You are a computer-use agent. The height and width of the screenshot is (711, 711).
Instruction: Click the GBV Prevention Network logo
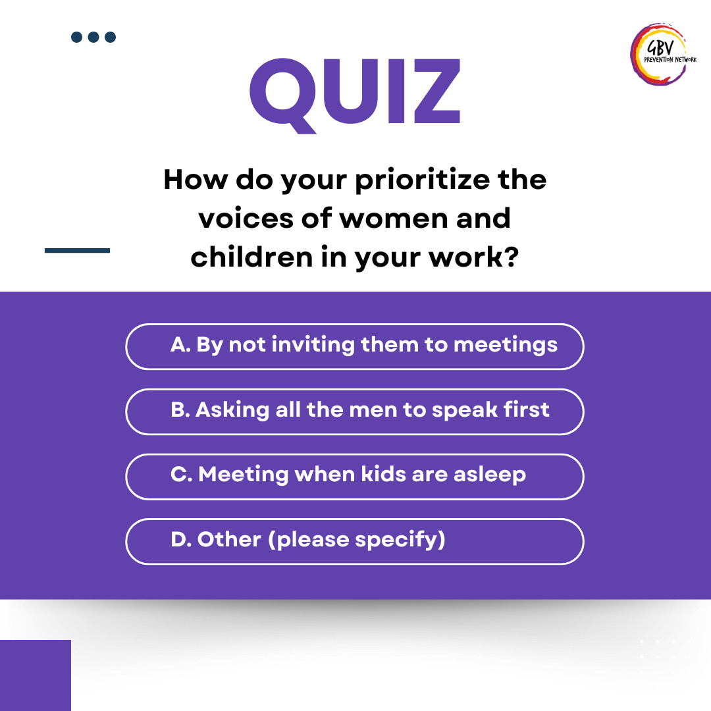click(x=663, y=55)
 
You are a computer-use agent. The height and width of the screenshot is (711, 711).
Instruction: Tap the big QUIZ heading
click(x=355, y=95)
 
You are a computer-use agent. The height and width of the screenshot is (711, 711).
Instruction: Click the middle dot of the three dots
click(x=93, y=37)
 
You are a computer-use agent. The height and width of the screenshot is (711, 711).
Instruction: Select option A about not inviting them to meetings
click(x=355, y=346)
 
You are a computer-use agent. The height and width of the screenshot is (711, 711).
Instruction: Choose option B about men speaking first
click(x=355, y=411)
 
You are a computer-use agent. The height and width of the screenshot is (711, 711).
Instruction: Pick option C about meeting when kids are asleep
click(x=355, y=477)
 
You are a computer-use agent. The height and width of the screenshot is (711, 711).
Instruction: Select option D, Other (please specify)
click(x=355, y=541)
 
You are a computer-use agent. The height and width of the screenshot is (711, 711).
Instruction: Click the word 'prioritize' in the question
click(x=422, y=180)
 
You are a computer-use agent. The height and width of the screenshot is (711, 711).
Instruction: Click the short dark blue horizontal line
click(x=77, y=250)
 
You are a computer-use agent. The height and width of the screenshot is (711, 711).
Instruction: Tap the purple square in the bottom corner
click(x=36, y=675)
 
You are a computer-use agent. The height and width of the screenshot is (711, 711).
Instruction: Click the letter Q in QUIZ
click(x=283, y=96)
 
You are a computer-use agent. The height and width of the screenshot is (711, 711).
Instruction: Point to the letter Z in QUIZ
click(x=437, y=91)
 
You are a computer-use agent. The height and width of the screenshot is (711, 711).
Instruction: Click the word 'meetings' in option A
click(x=506, y=346)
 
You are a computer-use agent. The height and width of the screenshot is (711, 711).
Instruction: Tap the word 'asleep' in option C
click(x=490, y=475)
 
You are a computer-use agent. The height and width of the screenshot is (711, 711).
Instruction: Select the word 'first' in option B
click(x=527, y=409)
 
